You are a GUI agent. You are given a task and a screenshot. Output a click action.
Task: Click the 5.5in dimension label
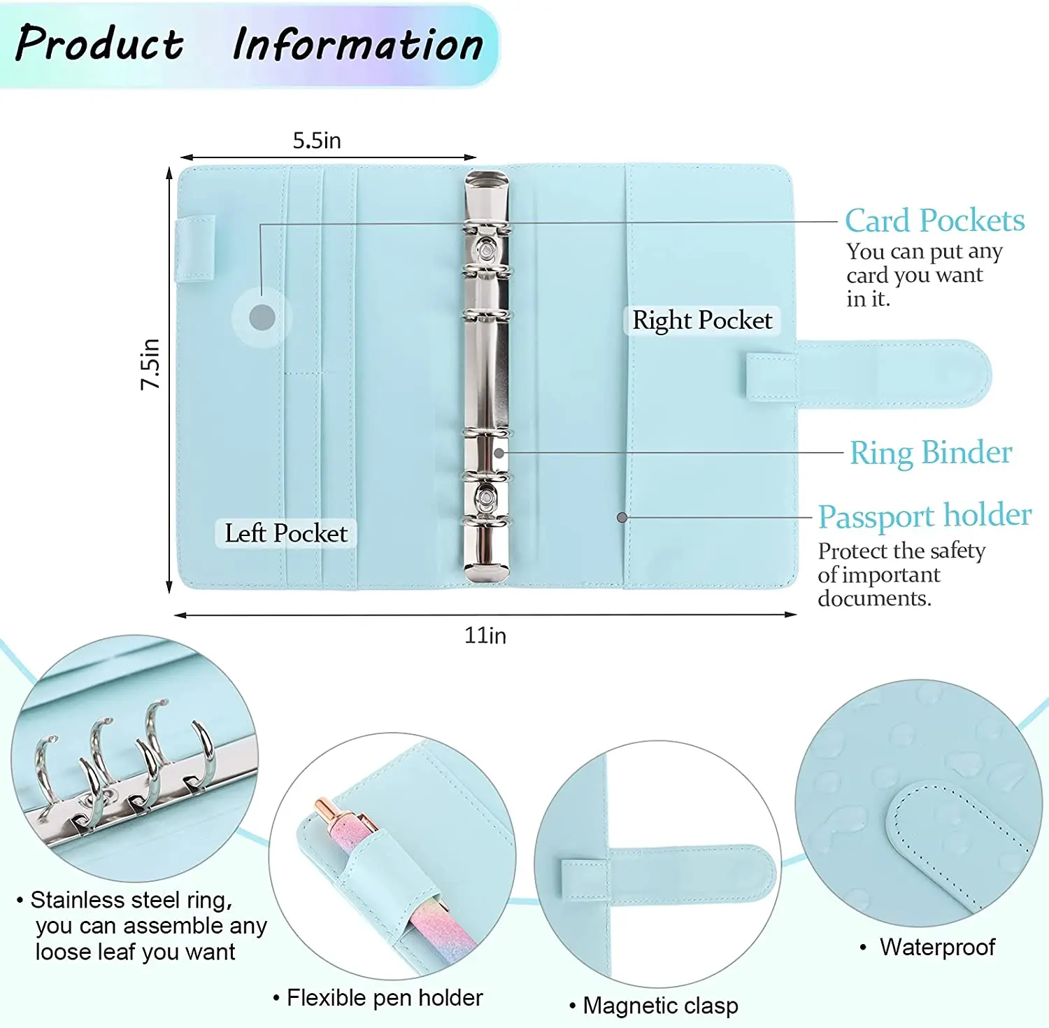click(317, 141)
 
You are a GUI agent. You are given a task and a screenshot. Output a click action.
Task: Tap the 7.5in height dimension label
click(150, 364)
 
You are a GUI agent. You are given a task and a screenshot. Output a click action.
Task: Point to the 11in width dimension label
click(485, 635)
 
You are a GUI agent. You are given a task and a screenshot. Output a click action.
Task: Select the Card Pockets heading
click(934, 220)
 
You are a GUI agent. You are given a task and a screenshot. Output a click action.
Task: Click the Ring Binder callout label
click(931, 453)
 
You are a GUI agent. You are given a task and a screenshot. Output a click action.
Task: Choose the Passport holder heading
click(925, 516)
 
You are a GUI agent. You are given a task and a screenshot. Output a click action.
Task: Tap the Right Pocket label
click(702, 321)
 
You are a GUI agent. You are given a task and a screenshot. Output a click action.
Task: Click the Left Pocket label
click(285, 533)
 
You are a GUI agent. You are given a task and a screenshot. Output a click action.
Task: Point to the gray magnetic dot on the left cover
click(262, 318)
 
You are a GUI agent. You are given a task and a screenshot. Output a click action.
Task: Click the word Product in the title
click(99, 43)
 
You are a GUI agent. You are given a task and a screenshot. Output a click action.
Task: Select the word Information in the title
click(357, 45)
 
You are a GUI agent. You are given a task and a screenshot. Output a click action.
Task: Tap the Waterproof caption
click(937, 947)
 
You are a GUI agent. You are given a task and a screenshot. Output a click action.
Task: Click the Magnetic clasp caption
click(660, 1006)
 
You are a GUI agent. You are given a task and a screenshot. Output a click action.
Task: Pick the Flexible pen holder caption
click(385, 998)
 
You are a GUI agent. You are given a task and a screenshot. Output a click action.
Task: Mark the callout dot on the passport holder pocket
click(622, 518)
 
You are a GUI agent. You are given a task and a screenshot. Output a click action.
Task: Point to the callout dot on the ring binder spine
click(499, 453)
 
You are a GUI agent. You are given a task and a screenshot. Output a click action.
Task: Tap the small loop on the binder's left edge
click(194, 248)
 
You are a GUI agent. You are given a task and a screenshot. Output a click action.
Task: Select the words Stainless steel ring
click(131, 900)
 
